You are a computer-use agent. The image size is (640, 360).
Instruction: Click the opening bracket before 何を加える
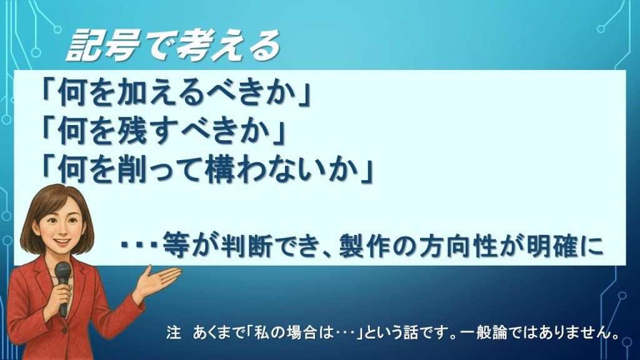(47, 95)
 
